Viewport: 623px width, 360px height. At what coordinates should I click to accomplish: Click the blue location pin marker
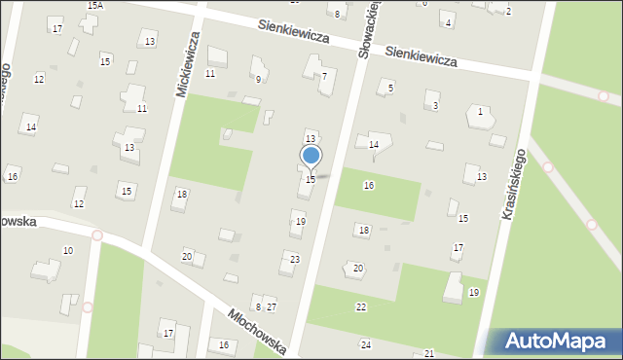click(311, 156)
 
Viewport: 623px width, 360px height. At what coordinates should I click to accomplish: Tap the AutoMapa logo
click(553, 341)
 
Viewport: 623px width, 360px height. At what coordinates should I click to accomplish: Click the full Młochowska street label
click(257, 332)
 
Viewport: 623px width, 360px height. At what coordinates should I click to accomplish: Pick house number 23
click(294, 260)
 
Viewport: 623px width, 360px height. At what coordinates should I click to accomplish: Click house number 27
click(273, 307)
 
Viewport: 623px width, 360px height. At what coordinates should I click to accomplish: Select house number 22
click(360, 307)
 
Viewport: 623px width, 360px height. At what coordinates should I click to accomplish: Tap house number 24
click(366, 345)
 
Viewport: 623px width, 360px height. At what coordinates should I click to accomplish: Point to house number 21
click(428, 354)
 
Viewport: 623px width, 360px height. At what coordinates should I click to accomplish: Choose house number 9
click(258, 79)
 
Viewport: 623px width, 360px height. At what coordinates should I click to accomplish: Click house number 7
click(324, 76)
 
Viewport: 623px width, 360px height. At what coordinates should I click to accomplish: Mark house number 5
click(391, 89)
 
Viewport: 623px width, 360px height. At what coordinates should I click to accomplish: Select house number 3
click(435, 105)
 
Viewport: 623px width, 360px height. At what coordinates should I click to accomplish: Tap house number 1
click(480, 112)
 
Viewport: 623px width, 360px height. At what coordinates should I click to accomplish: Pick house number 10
click(67, 251)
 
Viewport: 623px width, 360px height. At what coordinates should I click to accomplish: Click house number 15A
click(94, 6)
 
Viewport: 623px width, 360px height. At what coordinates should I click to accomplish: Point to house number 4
click(448, 22)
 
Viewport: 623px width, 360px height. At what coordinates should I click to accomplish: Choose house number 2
click(508, 11)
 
